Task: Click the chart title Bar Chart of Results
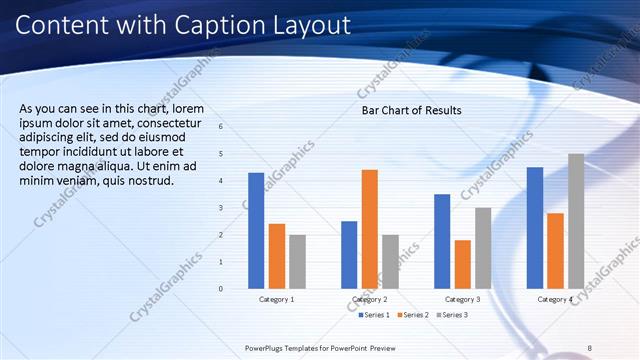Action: click(x=411, y=110)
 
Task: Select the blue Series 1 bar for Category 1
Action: click(x=256, y=231)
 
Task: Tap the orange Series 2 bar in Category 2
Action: click(x=369, y=229)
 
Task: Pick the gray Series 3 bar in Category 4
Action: click(x=575, y=221)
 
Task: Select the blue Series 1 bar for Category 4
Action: click(x=535, y=228)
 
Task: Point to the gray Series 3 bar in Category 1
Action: click(x=297, y=262)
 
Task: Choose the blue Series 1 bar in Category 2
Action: click(x=349, y=255)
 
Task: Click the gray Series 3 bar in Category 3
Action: click(x=482, y=248)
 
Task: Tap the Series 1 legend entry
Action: click(x=376, y=315)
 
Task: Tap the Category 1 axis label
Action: click(x=277, y=299)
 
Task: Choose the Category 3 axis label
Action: click(x=462, y=299)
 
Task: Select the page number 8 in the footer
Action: click(x=590, y=347)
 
